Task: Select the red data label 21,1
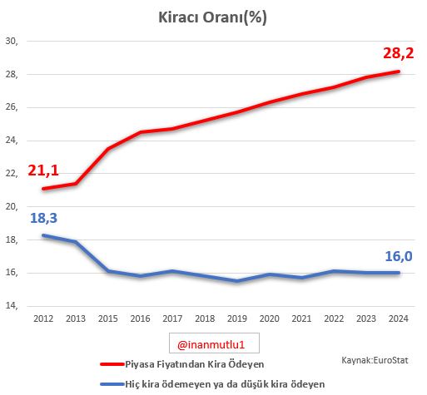(44, 171)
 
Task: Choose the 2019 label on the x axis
(238, 318)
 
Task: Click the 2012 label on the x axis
(44, 318)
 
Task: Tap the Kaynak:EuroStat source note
(375, 360)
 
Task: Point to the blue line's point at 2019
(238, 281)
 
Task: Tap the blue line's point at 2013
(77, 242)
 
